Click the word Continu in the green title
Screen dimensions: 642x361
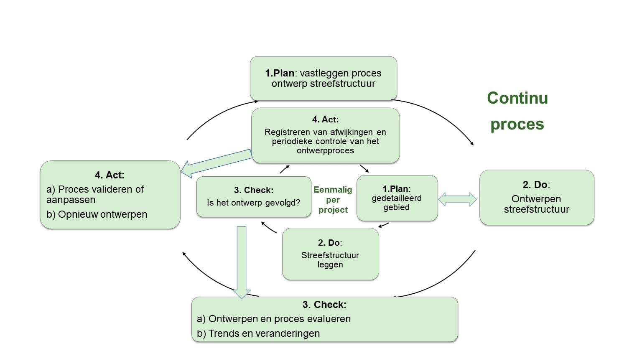point(517,98)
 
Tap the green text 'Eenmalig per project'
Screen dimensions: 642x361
point(333,200)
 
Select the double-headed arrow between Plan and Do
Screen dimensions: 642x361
point(457,199)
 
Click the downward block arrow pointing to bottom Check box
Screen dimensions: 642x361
point(241,262)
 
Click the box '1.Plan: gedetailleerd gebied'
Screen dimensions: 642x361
point(397,198)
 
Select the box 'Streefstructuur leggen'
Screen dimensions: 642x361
point(330,254)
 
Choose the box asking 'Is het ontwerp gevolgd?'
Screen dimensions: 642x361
point(254,196)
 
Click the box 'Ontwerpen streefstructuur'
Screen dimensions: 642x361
point(537,197)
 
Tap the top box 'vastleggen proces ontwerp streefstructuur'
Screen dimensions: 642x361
point(323,78)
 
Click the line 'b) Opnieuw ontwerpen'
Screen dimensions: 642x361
point(97,214)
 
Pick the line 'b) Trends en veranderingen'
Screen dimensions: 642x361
point(258,333)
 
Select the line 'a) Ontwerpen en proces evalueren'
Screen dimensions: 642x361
point(274,319)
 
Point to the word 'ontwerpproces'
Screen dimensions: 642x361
point(325,151)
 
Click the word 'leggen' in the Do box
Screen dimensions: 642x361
point(330,265)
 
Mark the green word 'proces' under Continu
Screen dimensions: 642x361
point(517,125)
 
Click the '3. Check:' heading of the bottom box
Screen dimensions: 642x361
point(324,305)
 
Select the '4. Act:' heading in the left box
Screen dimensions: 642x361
point(110,175)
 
